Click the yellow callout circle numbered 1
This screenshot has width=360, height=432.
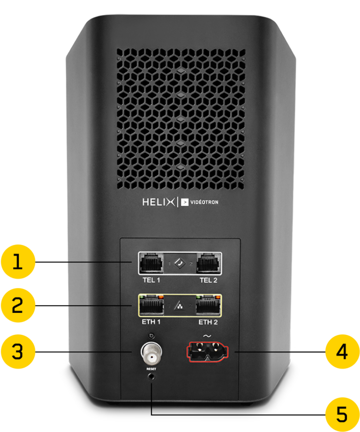pos(17,263)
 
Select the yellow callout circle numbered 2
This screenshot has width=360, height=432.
pos(17,306)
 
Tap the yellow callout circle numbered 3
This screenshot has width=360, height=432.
pos(17,351)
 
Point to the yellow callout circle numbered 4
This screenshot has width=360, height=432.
pos(343,351)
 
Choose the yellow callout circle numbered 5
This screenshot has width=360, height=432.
pos(343,415)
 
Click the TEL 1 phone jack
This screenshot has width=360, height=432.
pos(151,264)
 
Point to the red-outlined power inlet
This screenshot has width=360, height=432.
pos(208,352)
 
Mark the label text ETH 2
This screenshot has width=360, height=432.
pos(208,323)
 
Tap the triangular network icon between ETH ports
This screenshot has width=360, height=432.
pos(180,307)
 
